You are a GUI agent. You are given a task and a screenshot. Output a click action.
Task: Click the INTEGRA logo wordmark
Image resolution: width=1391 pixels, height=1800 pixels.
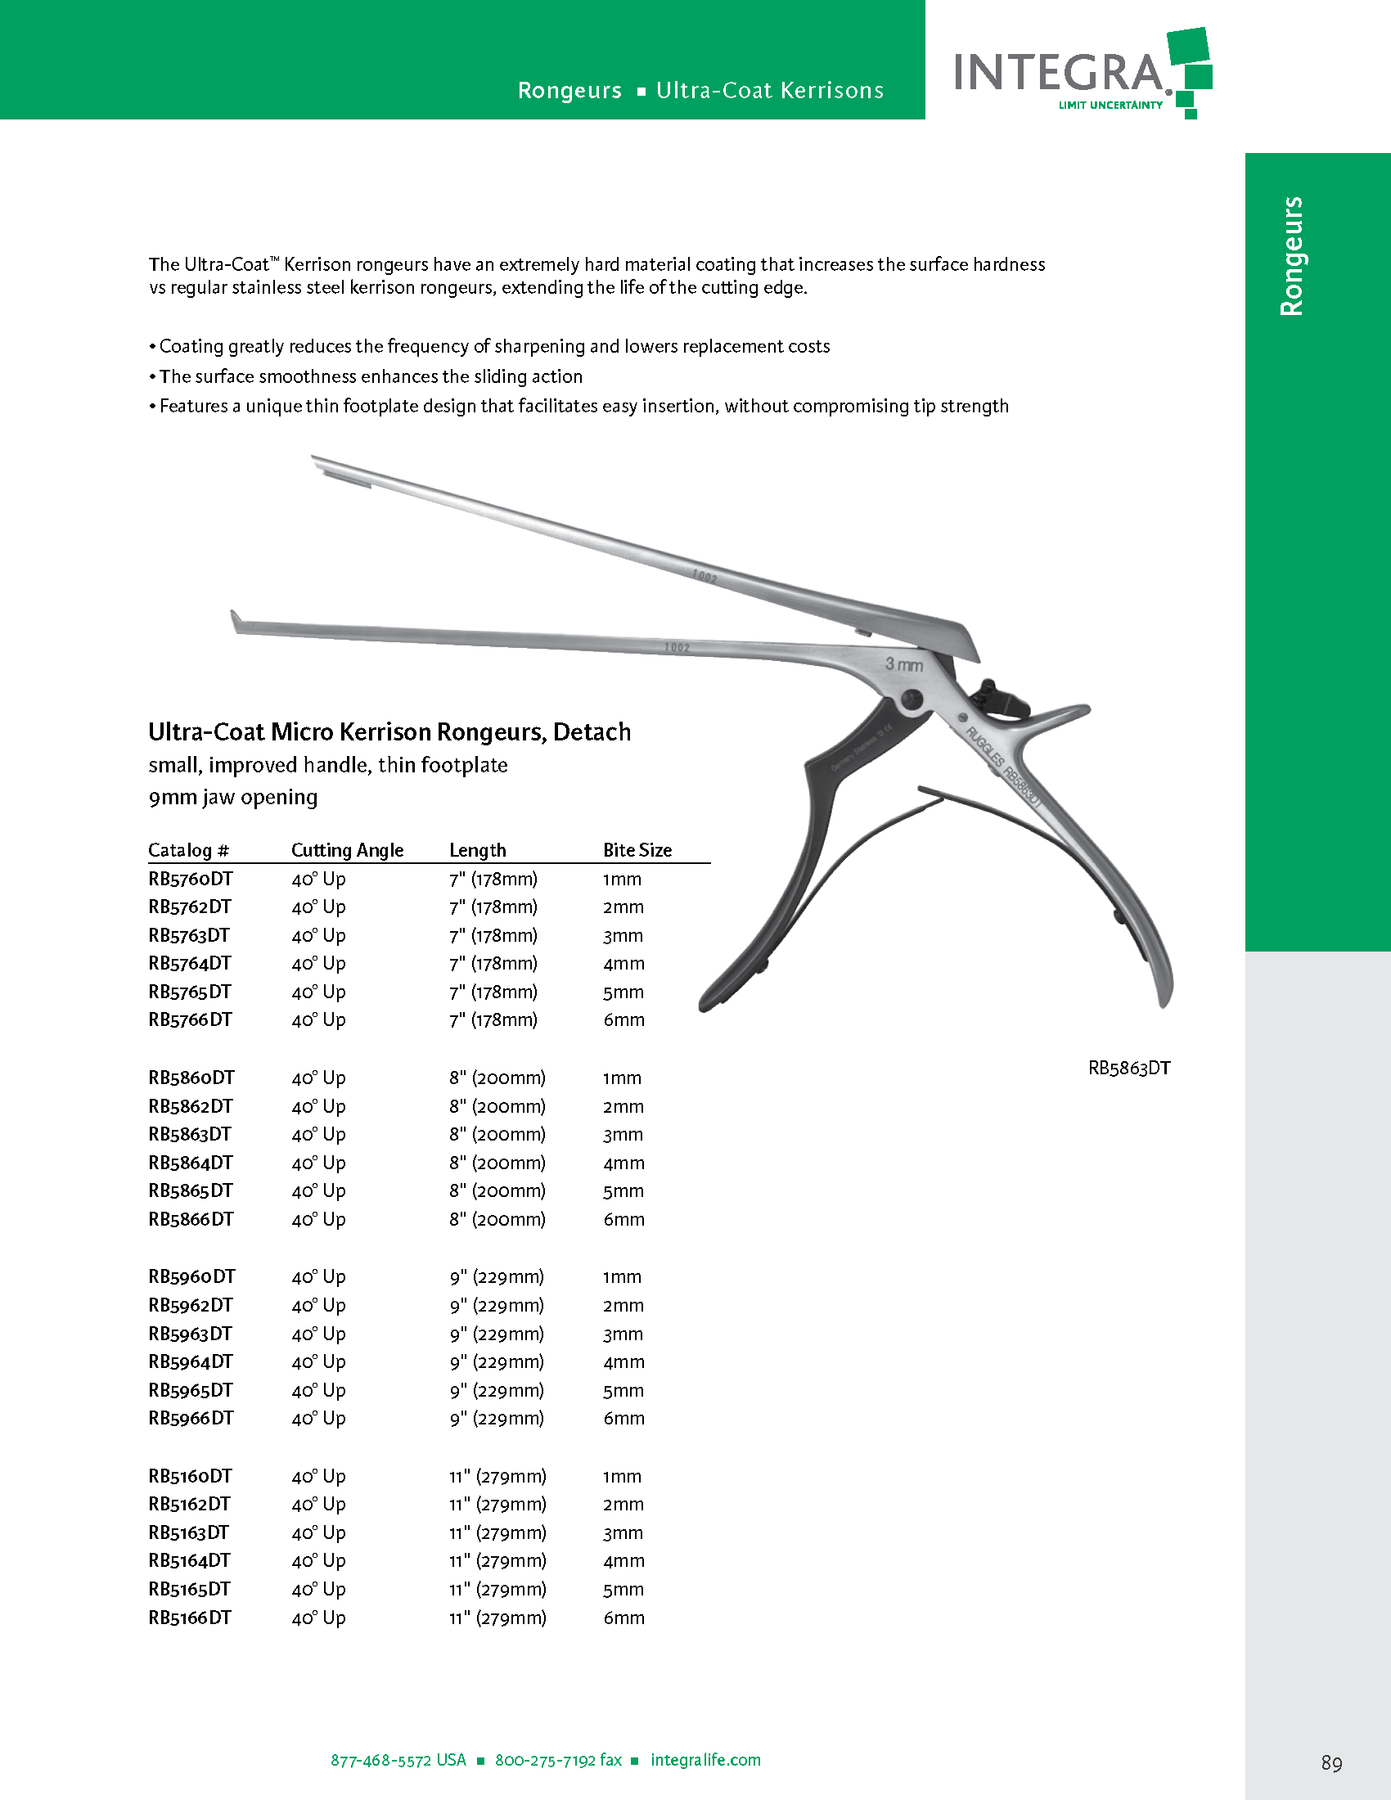(x=1060, y=73)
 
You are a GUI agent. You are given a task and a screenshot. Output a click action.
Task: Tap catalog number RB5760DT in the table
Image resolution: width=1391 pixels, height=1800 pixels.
(x=191, y=879)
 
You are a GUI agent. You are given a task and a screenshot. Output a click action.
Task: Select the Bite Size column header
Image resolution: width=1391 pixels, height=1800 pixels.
(x=637, y=850)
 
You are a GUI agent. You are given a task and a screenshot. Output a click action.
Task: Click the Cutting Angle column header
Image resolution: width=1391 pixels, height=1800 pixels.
(x=347, y=850)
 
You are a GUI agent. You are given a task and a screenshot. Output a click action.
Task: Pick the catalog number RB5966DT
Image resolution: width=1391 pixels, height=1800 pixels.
(x=191, y=1418)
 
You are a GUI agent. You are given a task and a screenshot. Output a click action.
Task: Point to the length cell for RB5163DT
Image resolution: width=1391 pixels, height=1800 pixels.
(x=497, y=1532)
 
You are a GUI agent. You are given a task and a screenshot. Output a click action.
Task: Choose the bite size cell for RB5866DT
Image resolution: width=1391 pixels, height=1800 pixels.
(x=623, y=1219)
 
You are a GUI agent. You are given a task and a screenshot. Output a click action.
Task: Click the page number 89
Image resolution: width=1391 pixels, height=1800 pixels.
(x=1330, y=1762)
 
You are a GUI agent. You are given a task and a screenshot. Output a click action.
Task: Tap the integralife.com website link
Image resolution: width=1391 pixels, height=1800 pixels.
(x=705, y=1760)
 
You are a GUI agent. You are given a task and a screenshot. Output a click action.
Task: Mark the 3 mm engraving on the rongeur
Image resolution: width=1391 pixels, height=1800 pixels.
(x=904, y=664)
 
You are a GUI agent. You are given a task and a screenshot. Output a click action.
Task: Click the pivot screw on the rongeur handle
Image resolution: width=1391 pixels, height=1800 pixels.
(x=912, y=700)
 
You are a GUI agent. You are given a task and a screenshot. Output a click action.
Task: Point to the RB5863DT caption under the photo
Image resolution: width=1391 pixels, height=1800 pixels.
(x=1129, y=1068)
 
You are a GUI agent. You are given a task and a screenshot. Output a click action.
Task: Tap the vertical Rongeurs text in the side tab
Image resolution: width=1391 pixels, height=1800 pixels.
(x=1292, y=256)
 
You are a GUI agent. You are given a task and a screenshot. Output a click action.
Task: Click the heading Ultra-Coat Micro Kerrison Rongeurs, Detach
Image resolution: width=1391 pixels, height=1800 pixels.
(x=389, y=732)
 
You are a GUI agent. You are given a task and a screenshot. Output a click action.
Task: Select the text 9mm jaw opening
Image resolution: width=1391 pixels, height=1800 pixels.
(x=232, y=797)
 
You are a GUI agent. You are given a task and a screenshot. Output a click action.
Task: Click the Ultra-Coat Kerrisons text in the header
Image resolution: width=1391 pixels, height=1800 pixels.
(x=770, y=91)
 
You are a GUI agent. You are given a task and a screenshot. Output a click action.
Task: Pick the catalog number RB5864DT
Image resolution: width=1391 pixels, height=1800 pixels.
(x=191, y=1162)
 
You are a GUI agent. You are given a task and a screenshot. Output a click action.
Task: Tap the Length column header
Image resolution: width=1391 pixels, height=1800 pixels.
(x=478, y=850)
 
